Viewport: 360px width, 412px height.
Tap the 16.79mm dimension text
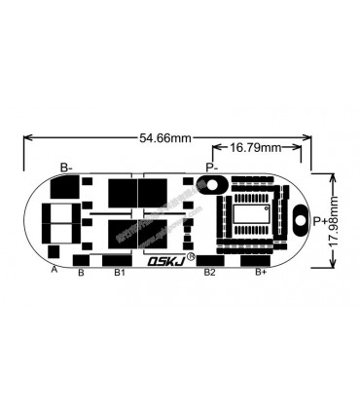255,147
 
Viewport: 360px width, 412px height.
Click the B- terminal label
68,168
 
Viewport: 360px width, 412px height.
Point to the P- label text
212,168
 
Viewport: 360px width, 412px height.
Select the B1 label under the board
119,273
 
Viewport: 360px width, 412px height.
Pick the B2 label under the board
209,273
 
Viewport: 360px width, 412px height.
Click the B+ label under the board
261,273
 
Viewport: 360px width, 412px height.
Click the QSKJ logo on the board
163,260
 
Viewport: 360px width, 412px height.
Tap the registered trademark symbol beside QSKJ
190,257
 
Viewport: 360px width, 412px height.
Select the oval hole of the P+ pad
299,220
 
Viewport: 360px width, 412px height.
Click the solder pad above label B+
256,260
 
